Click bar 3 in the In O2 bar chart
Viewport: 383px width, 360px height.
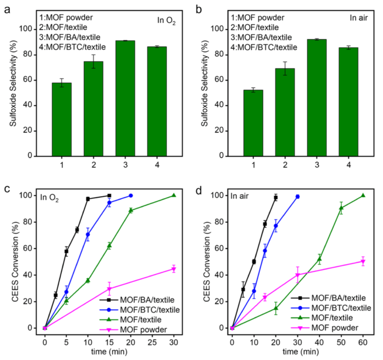pyautogui.click(x=125, y=99)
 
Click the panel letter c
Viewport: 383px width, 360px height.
pyautogui.click(x=6, y=190)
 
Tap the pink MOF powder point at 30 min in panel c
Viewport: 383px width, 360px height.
pyautogui.click(x=174, y=269)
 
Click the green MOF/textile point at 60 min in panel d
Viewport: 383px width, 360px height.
pyautogui.click(x=363, y=195)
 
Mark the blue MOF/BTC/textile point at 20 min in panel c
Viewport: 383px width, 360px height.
pyautogui.click(x=131, y=196)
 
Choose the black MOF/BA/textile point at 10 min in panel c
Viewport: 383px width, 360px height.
pyautogui.click(x=88, y=199)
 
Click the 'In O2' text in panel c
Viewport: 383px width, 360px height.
pyautogui.click(x=50, y=199)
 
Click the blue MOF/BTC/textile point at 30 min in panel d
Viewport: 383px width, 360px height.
pyautogui.click(x=297, y=197)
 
